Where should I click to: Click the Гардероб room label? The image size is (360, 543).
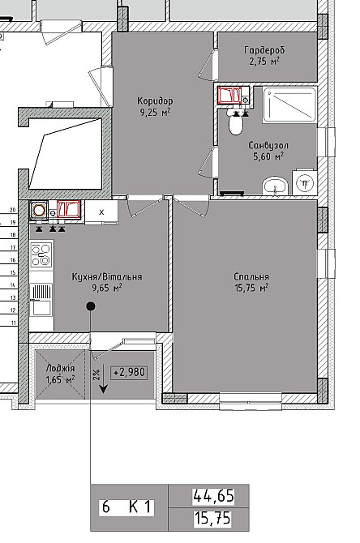(264, 50)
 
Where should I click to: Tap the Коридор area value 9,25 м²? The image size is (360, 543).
(155, 112)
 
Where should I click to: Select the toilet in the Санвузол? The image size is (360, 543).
(236, 123)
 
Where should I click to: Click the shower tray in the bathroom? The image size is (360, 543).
(289, 105)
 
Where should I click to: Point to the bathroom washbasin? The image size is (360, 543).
(275, 186)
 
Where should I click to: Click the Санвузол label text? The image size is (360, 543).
(268, 145)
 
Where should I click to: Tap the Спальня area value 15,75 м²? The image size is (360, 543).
(251, 288)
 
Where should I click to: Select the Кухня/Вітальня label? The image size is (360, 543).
(107, 276)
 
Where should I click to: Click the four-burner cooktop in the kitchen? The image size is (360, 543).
(41, 254)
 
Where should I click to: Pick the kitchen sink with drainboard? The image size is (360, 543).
(41, 299)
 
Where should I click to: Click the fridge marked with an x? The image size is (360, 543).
(101, 212)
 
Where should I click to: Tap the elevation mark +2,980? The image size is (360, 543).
(129, 372)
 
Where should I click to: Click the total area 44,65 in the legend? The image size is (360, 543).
(213, 496)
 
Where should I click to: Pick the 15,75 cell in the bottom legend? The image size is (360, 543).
(212, 519)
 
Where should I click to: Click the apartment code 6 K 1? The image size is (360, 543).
(126, 507)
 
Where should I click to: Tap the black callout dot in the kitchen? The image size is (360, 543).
(91, 306)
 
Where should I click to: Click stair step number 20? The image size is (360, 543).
(13, 210)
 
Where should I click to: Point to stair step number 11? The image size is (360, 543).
(14, 323)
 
